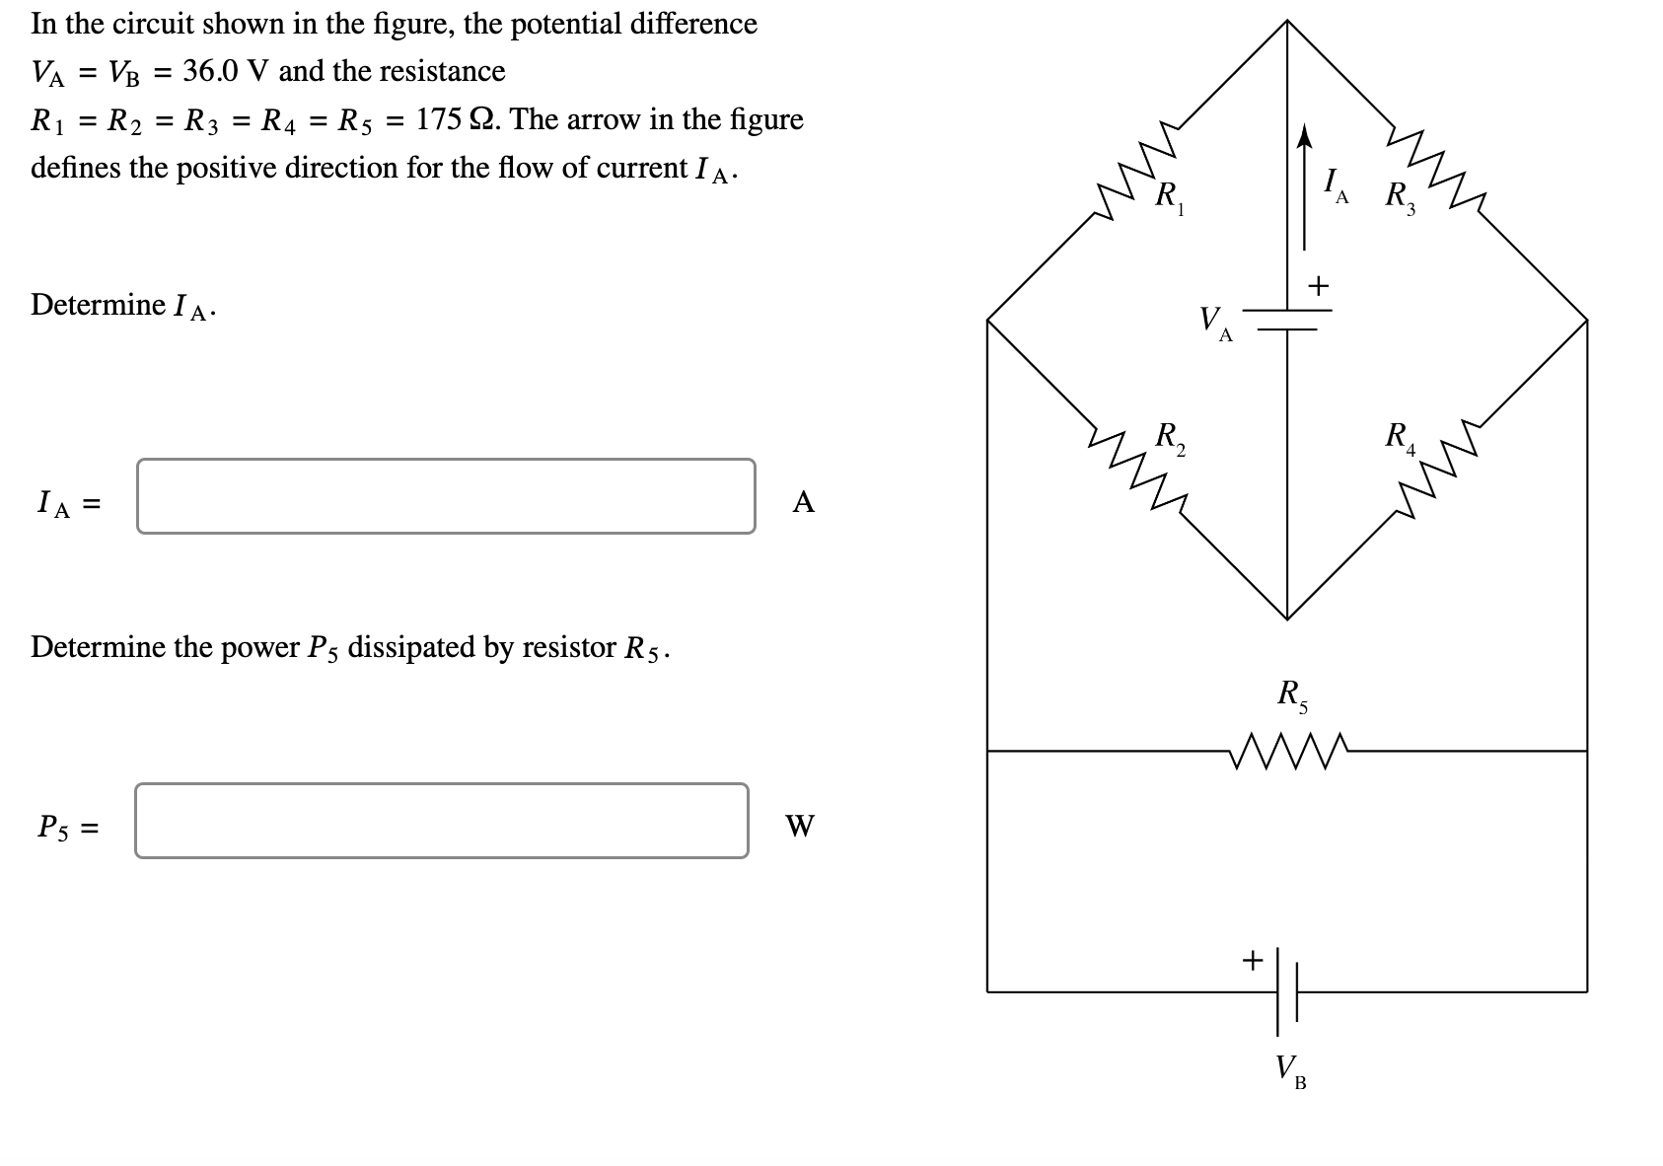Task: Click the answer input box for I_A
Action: pyautogui.click(x=446, y=496)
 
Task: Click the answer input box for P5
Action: pyautogui.click(x=441, y=821)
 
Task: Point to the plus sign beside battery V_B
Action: pyautogui.click(x=1252, y=959)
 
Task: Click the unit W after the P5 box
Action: pyautogui.click(x=800, y=826)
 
